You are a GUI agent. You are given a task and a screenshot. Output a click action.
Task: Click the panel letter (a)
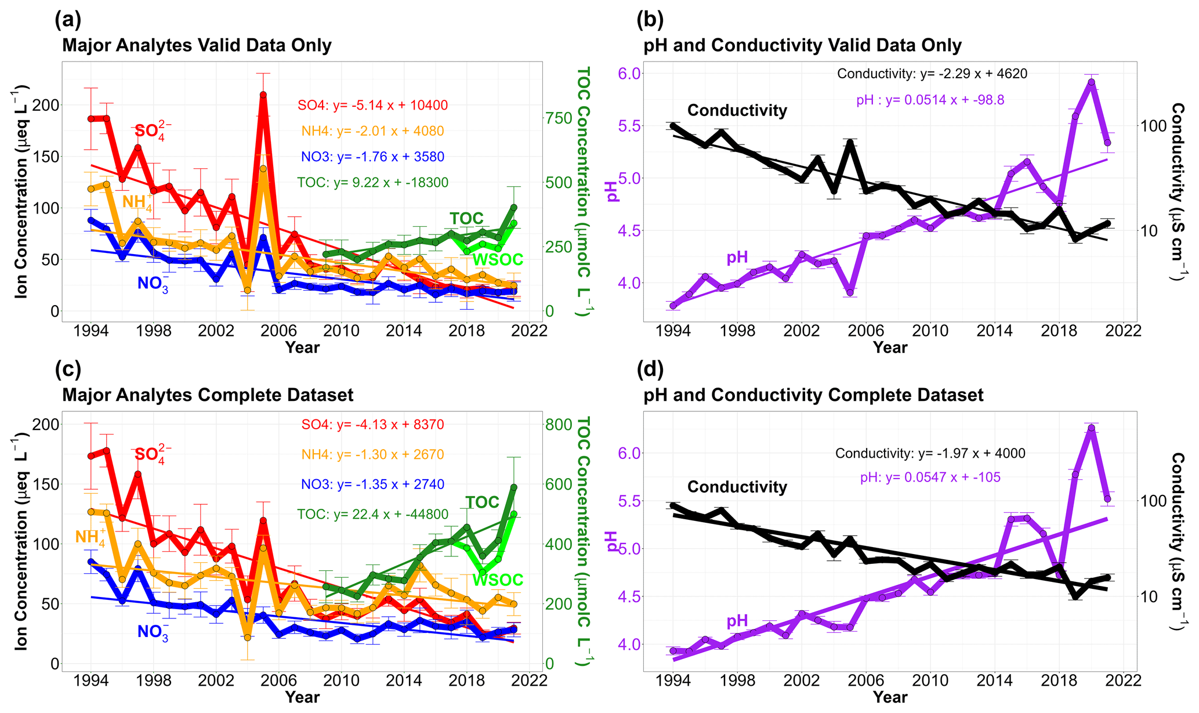pyautogui.click(x=68, y=20)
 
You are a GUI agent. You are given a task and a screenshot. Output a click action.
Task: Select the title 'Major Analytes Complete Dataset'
pyautogui.click(x=208, y=395)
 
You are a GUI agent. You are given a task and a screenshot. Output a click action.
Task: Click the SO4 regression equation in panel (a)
pyautogui.click(x=372, y=106)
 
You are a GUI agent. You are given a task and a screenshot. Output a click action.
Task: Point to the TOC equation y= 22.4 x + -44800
pyautogui.click(x=372, y=514)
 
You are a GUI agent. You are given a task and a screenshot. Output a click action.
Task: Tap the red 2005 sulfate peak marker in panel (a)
pyautogui.click(x=263, y=95)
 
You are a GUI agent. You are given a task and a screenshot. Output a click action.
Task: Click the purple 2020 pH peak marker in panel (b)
pyautogui.click(x=1091, y=82)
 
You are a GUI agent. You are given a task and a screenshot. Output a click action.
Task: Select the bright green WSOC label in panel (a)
pyautogui.click(x=498, y=260)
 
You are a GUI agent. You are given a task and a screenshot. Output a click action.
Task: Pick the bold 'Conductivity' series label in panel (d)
pyautogui.click(x=737, y=487)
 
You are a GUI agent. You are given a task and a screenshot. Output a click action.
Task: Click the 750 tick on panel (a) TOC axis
pyautogui.click(x=560, y=118)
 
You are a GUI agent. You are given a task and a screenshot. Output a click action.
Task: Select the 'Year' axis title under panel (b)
pyautogui.click(x=890, y=348)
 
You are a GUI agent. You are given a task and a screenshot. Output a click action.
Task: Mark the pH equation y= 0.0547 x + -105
pyautogui.click(x=930, y=477)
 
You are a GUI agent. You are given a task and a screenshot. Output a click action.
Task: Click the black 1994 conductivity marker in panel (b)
pyautogui.click(x=673, y=125)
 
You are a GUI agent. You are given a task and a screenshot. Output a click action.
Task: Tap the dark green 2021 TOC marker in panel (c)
pyautogui.click(x=513, y=487)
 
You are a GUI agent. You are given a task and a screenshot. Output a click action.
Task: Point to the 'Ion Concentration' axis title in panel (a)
pyautogui.click(x=21, y=191)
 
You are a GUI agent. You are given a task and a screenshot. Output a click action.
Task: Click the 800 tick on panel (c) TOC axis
pyautogui.click(x=560, y=424)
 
